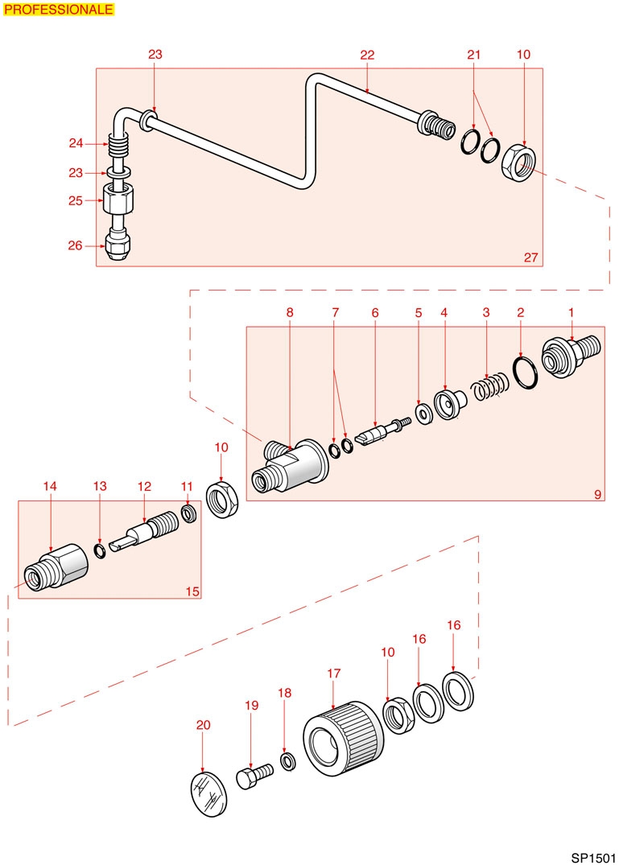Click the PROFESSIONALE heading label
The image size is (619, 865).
click(x=59, y=10)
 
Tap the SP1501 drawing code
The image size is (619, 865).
click(x=593, y=859)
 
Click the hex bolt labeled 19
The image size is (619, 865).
click(x=255, y=776)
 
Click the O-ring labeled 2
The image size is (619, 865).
click(x=524, y=373)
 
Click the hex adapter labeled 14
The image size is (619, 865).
click(x=56, y=567)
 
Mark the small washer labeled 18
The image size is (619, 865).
click(x=287, y=762)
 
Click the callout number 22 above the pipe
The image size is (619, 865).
click(x=367, y=55)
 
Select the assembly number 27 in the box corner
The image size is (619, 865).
click(x=530, y=257)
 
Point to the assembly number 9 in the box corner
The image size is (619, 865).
click(x=597, y=494)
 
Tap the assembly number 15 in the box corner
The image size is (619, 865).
click(x=192, y=591)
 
